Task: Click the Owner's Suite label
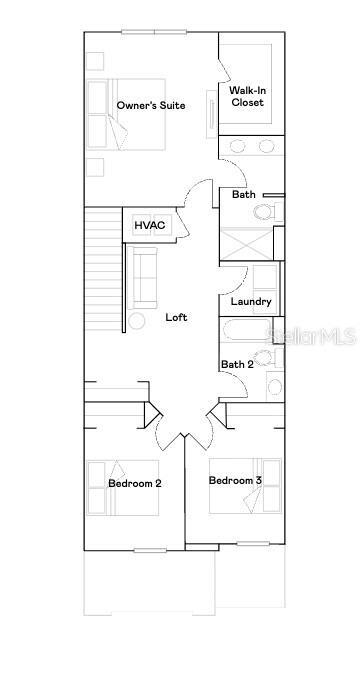pyautogui.click(x=150, y=105)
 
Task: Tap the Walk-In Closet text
pyautogui.click(x=248, y=96)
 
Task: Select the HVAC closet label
pyautogui.click(x=150, y=226)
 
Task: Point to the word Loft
pyautogui.click(x=176, y=317)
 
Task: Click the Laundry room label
pyautogui.click(x=251, y=301)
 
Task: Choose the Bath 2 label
pyautogui.click(x=237, y=364)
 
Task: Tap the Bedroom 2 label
pyautogui.click(x=135, y=483)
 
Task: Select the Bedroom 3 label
pyautogui.click(x=235, y=481)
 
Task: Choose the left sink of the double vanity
pyautogui.click(x=237, y=146)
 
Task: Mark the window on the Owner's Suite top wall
pyautogui.click(x=152, y=31)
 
